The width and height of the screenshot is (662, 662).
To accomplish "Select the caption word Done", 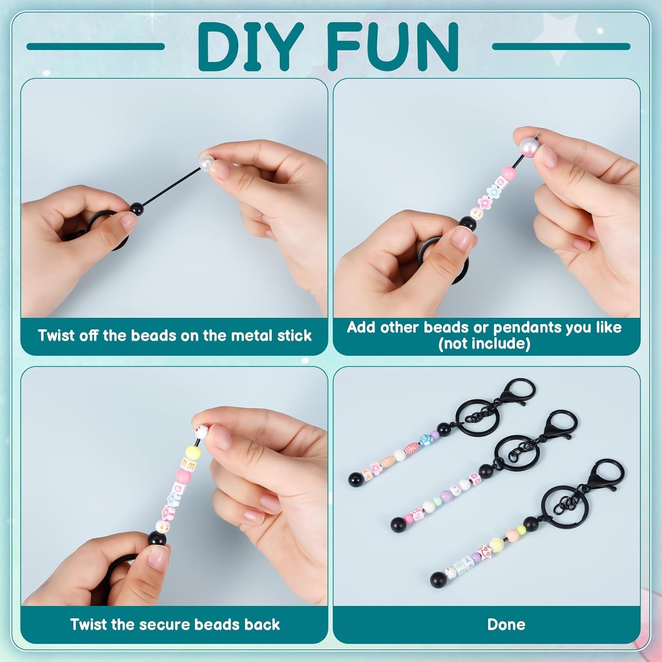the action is tap(506, 624).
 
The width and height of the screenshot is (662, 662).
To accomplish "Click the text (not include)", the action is tap(484, 344).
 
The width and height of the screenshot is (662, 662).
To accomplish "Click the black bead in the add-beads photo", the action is tap(468, 224).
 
